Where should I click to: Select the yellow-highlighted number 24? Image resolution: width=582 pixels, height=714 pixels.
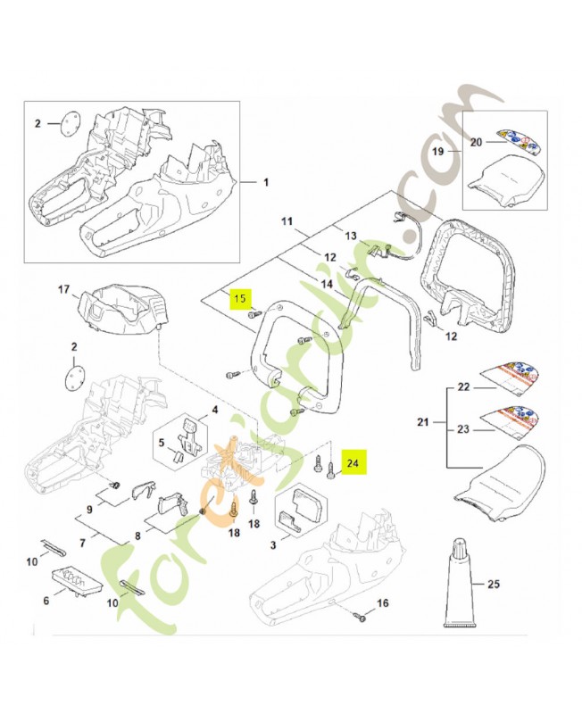click(353, 463)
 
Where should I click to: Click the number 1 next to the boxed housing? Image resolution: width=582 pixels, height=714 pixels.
click(265, 182)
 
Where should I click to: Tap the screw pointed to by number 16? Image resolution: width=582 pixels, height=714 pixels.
click(361, 615)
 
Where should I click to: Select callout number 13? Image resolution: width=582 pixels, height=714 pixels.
click(351, 236)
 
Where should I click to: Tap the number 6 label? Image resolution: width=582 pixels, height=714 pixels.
click(46, 602)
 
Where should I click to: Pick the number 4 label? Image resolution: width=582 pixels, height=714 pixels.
click(214, 411)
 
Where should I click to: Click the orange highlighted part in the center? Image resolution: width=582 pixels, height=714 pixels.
click(234, 455)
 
